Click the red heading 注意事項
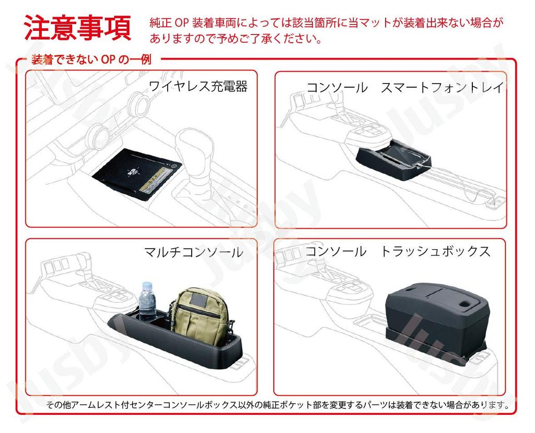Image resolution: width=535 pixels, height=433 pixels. click(78, 28)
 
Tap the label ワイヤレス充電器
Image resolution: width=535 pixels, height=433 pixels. click(198, 86)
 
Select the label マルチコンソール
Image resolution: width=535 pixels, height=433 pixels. click(193, 252)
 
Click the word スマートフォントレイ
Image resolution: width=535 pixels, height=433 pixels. click(442, 88)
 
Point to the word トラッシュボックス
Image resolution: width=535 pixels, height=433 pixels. click(435, 251)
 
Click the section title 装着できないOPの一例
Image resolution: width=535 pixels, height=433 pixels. click(91, 60)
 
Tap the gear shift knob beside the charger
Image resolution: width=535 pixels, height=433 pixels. click(192, 143)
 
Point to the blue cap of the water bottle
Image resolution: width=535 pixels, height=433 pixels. click(146, 285)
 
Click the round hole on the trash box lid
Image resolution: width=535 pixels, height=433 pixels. click(464, 303)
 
